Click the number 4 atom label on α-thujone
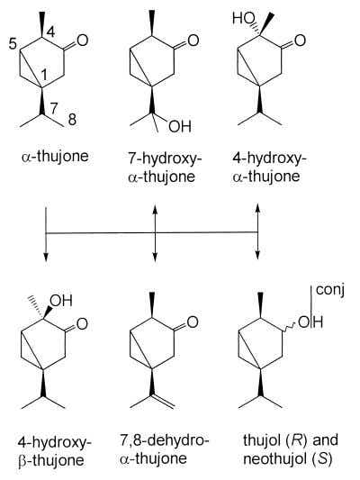click(x=51, y=32)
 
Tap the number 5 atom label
click(x=13, y=44)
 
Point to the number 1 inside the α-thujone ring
click(x=44, y=75)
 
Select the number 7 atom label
click(x=53, y=108)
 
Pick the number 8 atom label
click(x=72, y=120)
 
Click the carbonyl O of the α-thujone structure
click(x=83, y=41)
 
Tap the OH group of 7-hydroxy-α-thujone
click(x=180, y=126)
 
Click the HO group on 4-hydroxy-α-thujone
click(x=244, y=18)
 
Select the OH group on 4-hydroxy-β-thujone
click(x=61, y=301)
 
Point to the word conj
click(x=330, y=290)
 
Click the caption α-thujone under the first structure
click(x=55, y=157)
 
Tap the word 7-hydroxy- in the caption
click(x=165, y=158)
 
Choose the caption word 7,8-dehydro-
click(x=164, y=440)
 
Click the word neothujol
click(x=275, y=459)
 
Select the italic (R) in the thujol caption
click(x=298, y=439)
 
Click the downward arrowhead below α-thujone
click(x=46, y=258)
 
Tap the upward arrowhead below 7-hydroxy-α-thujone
click(x=155, y=208)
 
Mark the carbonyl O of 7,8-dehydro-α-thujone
click(x=193, y=322)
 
